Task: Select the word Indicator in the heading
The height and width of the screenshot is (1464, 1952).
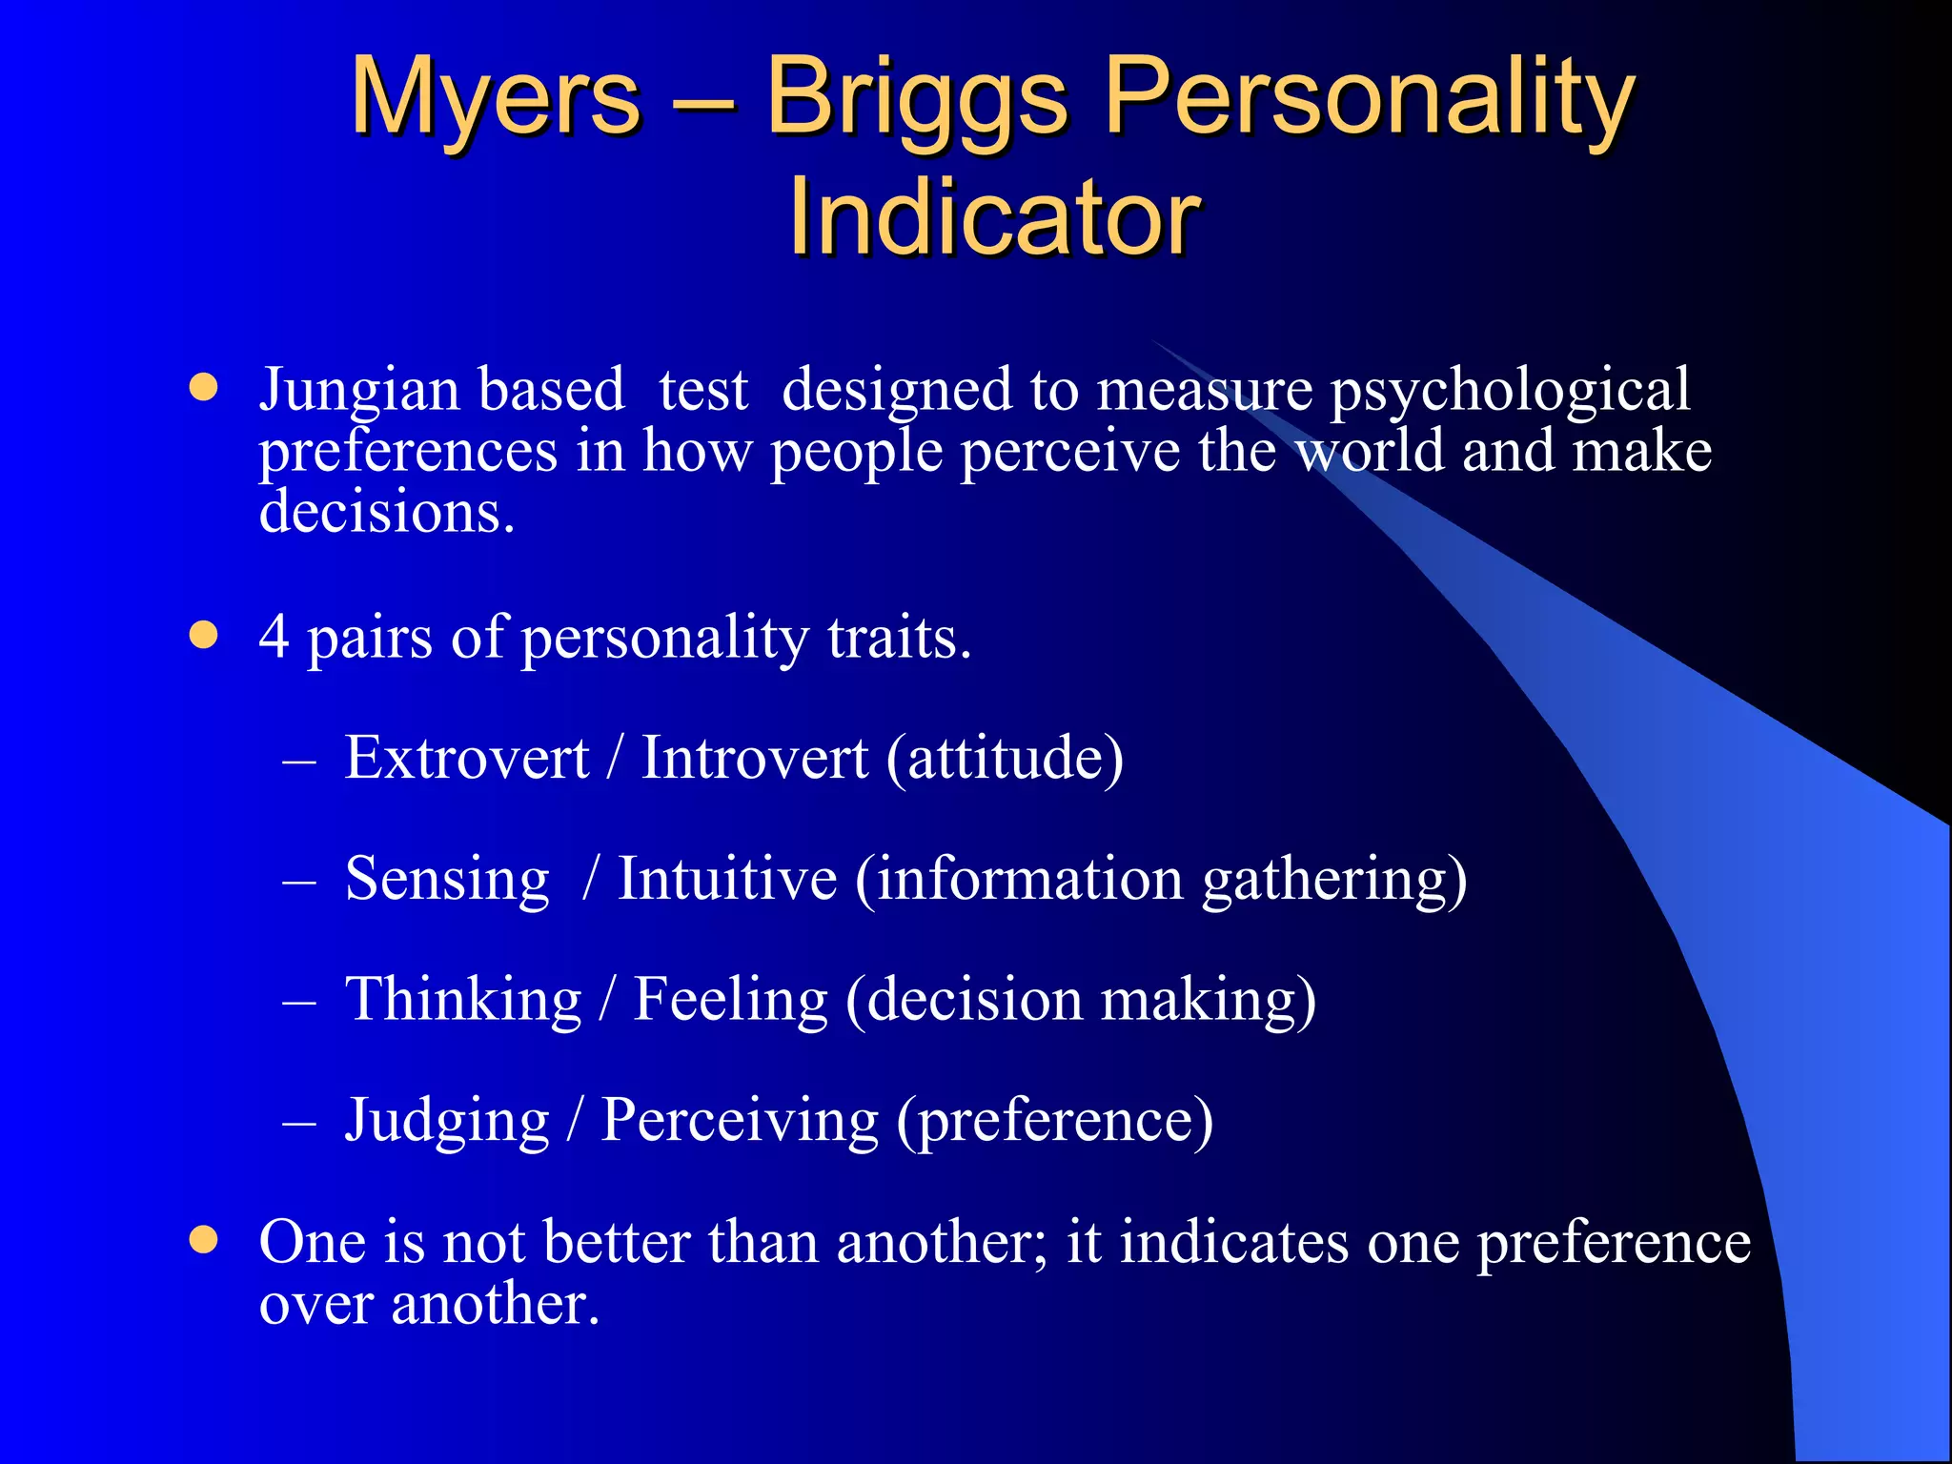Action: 994,217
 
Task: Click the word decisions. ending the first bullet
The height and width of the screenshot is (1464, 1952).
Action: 386,512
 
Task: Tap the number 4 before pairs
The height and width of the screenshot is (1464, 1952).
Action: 274,636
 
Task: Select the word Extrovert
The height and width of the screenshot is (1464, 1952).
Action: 466,758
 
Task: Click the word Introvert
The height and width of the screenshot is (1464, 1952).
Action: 754,758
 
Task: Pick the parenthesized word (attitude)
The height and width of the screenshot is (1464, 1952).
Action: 1006,760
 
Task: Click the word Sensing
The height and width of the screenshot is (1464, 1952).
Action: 447,880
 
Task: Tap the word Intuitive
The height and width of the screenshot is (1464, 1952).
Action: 727,878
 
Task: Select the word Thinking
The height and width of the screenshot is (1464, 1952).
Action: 463,1001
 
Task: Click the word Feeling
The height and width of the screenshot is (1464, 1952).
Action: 730,1001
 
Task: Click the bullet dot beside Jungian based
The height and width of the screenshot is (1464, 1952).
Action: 203,387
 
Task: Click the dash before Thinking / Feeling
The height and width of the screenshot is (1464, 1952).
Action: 299,1003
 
